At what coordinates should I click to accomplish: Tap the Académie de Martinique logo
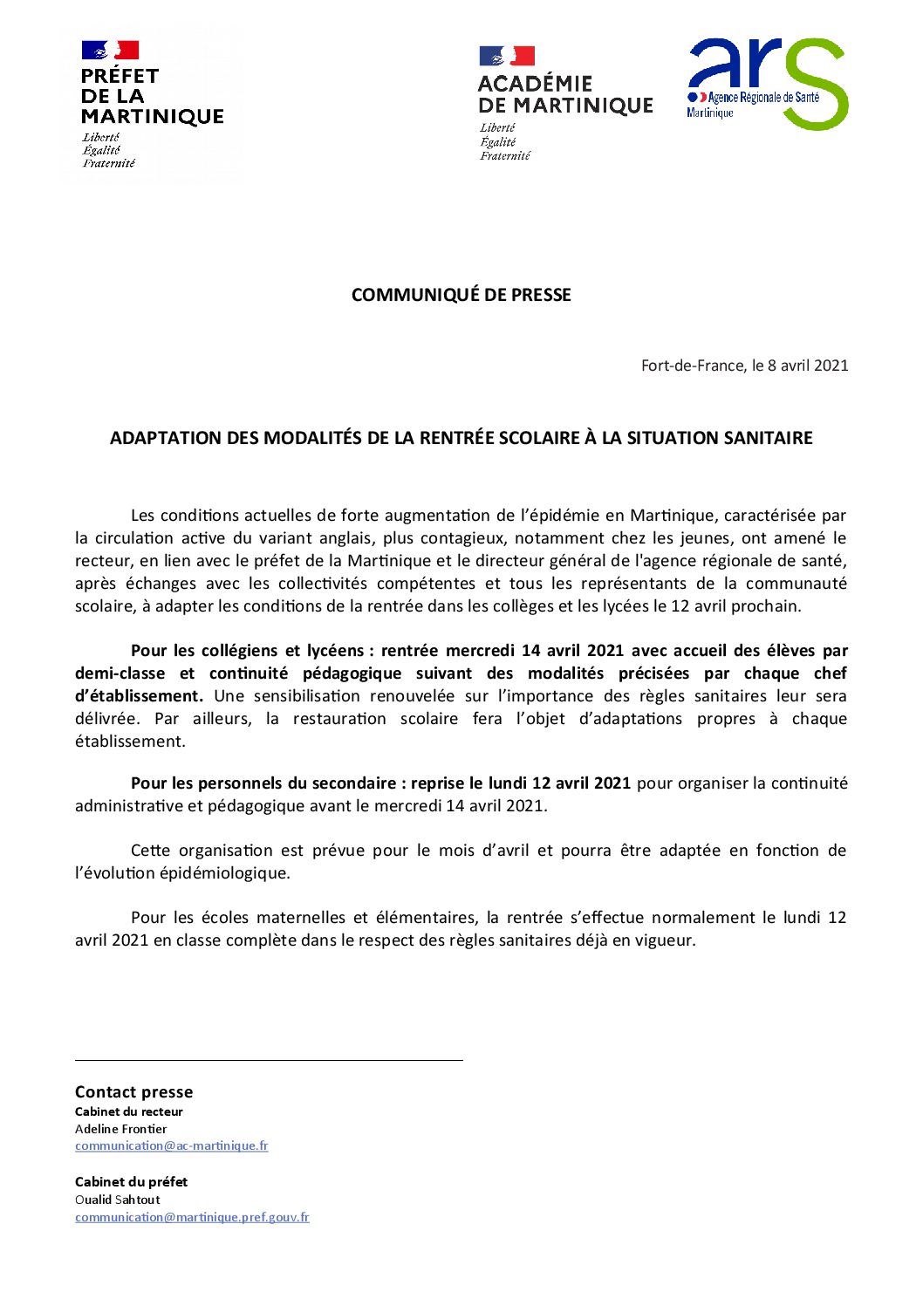(564, 103)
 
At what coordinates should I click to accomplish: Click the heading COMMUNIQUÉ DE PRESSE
(461, 295)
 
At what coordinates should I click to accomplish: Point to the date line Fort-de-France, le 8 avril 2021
(744, 366)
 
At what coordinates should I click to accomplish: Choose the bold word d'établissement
(139, 696)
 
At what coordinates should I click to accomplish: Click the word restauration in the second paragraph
(338, 719)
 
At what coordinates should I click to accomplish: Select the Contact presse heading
(133, 1092)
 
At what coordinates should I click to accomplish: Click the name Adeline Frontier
(120, 1129)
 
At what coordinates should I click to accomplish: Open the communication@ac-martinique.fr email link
(171, 1146)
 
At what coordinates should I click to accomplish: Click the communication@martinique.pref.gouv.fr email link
(192, 1218)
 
